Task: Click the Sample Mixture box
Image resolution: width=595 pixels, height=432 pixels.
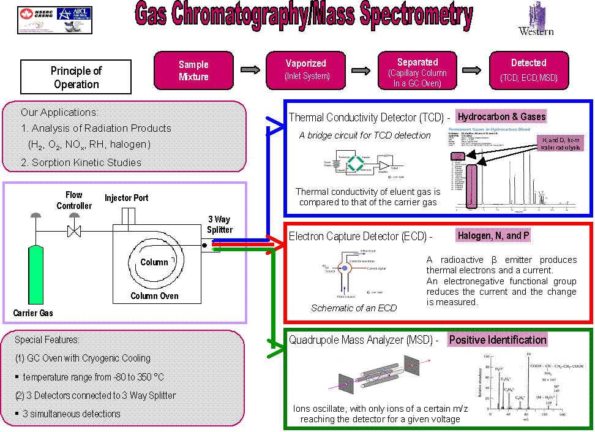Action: (x=193, y=70)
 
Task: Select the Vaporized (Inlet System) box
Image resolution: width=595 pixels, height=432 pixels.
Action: (x=305, y=70)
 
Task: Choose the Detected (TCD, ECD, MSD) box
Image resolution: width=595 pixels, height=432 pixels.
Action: (x=529, y=70)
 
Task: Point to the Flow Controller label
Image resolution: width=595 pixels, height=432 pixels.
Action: (x=74, y=200)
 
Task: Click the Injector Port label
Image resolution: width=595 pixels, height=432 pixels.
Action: (x=126, y=198)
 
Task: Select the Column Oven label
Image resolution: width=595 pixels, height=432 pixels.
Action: (x=154, y=296)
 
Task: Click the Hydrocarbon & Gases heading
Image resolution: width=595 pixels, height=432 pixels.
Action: (x=501, y=116)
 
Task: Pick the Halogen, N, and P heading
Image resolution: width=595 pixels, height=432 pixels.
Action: (x=493, y=235)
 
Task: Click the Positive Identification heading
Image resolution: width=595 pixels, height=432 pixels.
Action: (x=497, y=340)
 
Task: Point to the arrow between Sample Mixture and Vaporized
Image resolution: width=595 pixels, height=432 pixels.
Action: (x=250, y=70)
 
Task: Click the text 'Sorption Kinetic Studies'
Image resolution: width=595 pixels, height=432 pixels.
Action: (x=81, y=162)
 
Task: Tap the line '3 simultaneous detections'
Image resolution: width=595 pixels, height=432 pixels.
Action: (x=72, y=414)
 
